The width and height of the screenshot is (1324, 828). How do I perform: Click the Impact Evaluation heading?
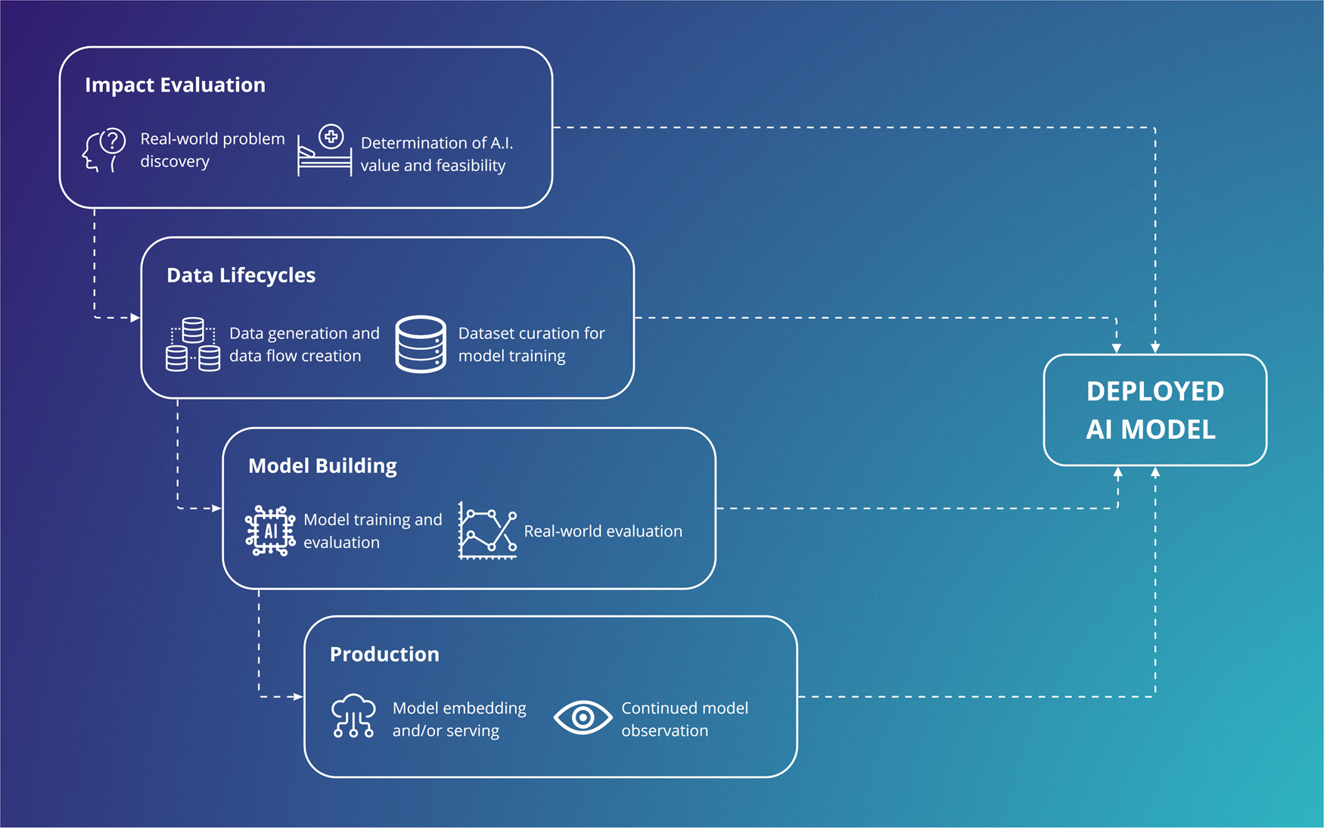pos(175,85)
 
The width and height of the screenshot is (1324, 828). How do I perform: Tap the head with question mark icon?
pos(104,150)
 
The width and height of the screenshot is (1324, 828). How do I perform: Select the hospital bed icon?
pos(325,151)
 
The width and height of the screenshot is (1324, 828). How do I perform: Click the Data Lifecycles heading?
pos(241,275)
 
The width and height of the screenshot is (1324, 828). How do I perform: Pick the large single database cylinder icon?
pos(421,344)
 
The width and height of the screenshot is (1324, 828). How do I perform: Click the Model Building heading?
pos(322,465)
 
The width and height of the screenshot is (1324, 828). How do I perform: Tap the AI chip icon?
pos(270,531)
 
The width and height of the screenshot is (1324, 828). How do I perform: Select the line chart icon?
pos(487,531)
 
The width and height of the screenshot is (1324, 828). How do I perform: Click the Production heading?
pos(384,654)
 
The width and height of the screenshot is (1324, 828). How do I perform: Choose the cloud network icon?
pos(353,715)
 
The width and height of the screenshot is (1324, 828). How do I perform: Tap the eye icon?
pos(583,717)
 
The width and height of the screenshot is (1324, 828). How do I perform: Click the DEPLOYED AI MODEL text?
pos(1154,410)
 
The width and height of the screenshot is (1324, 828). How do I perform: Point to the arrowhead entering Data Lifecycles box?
pos(135,318)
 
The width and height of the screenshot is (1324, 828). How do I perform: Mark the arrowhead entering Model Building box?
pos(217,509)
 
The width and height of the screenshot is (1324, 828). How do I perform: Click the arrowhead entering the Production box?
pos(298,696)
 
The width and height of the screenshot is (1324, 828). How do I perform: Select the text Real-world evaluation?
pos(603,531)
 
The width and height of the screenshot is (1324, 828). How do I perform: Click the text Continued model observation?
pos(684,719)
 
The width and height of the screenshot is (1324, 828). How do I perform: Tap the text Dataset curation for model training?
pos(531,344)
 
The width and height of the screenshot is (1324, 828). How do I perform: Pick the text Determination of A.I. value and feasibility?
pos(437,154)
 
